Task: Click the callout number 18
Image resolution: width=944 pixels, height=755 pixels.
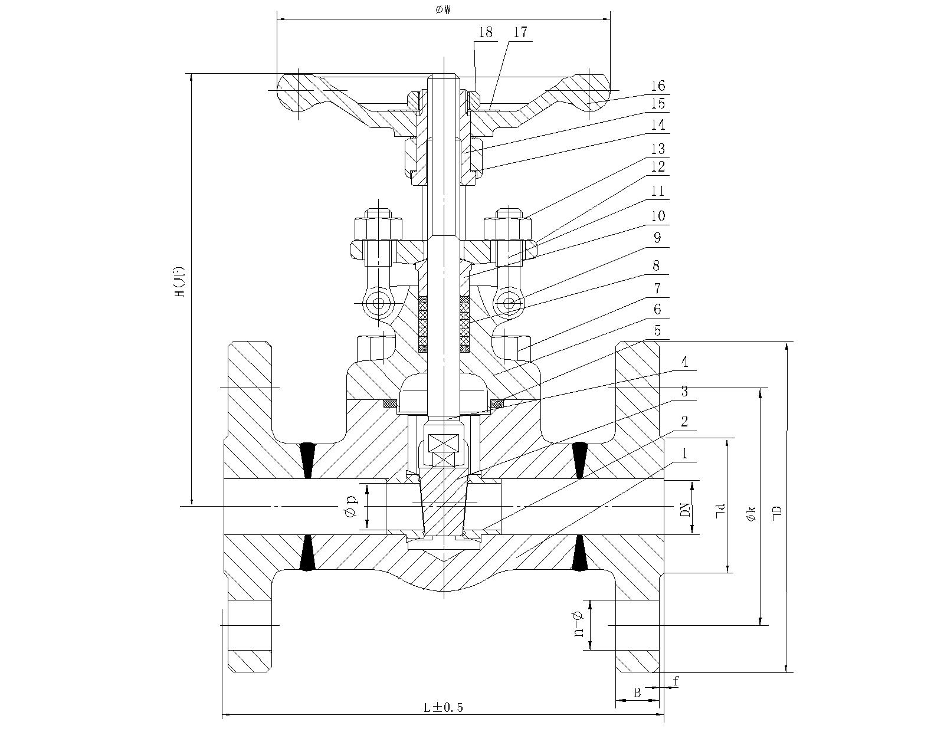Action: (x=485, y=32)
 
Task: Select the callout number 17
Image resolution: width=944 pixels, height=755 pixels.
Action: (x=520, y=32)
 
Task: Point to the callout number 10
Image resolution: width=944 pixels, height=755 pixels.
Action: (x=657, y=216)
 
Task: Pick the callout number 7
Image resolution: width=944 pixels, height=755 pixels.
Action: (x=657, y=288)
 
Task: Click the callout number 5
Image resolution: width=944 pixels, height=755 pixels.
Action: (x=657, y=331)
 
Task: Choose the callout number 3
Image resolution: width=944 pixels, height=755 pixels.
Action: (x=684, y=391)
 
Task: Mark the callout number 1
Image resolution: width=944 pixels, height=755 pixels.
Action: (x=684, y=453)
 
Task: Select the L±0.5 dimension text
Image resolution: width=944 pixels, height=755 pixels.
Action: (x=444, y=707)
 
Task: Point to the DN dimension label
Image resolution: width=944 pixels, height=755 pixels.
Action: (x=685, y=508)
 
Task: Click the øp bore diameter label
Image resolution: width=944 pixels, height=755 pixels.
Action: (x=350, y=506)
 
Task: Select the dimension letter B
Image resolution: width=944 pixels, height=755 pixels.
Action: (x=637, y=694)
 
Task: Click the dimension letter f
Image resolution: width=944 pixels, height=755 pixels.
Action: (x=676, y=682)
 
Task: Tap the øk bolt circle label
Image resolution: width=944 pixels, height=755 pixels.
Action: (x=750, y=513)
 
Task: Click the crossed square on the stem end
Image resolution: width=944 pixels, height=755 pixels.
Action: (x=442, y=444)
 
